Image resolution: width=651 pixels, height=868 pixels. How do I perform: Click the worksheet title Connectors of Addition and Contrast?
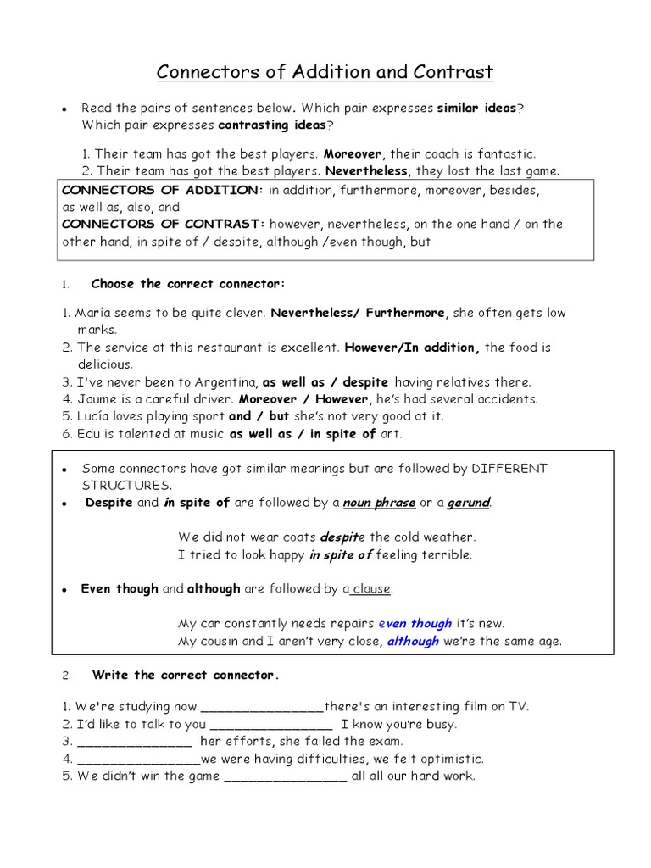325,73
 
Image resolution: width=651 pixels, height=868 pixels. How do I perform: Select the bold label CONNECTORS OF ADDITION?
164,191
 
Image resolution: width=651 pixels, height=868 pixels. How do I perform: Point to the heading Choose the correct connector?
188,283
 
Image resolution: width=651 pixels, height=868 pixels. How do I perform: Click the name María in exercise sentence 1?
96,313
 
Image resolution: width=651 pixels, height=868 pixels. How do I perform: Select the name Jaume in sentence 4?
96,398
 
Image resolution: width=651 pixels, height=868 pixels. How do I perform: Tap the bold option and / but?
259,416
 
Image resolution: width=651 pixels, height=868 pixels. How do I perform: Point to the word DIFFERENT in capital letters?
509,469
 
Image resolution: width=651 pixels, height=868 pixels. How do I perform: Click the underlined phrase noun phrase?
379,503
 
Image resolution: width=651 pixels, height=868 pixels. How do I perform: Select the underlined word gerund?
469,503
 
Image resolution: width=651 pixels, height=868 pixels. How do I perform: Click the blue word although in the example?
413,641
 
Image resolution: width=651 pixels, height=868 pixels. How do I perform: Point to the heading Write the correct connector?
186,676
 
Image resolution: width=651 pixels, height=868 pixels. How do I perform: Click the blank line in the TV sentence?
262,708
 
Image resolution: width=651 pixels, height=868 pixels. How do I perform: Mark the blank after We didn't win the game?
285,776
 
